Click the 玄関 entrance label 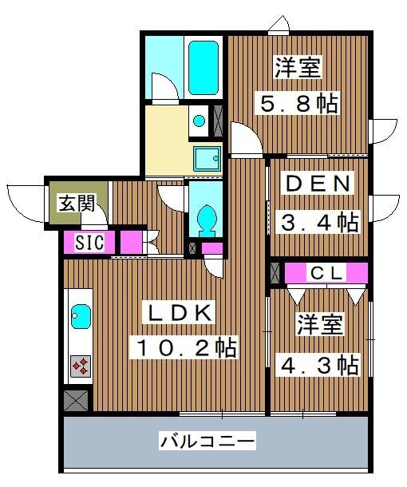click(x=77, y=204)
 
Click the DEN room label click(x=318, y=184)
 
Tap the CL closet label click(x=326, y=273)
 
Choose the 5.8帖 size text click(x=296, y=104)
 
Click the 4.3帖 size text click(x=317, y=366)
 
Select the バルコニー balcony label click(x=207, y=440)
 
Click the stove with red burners click(x=81, y=366)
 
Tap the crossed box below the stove click(x=77, y=398)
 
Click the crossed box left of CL click(x=276, y=273)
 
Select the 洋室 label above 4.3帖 click(x=320, y=326)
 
